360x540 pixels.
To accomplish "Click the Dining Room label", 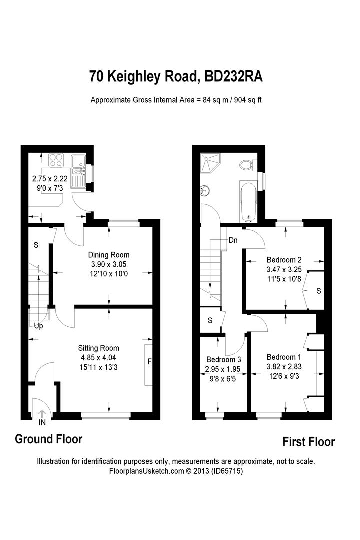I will (108, 255).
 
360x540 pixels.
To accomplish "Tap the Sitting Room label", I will (98, 348).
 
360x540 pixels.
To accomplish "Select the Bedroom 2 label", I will (284, 260).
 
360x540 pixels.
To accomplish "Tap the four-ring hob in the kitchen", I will (56, 161).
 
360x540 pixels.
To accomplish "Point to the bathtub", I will (248, 202).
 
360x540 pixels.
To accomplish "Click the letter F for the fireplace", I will (149, 361).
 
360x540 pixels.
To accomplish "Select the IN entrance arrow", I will (41, 414).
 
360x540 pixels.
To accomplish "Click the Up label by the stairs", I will (38, 326).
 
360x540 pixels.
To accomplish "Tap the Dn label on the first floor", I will (233, 240).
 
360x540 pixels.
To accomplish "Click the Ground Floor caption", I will (48, 439).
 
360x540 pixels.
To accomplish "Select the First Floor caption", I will (308, 442).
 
